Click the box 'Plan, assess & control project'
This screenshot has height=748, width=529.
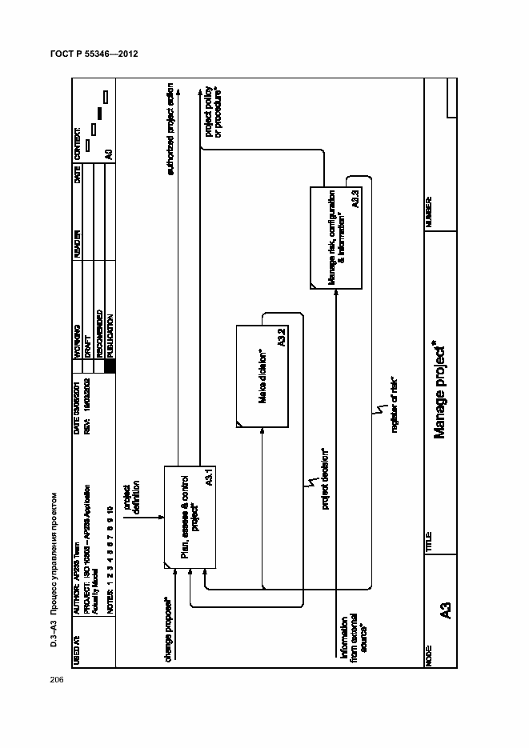pos(189,517)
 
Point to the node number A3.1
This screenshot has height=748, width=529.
pos(207,479)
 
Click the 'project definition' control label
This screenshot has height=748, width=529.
pos(131,498)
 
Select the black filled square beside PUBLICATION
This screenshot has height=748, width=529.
pos(110,366)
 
